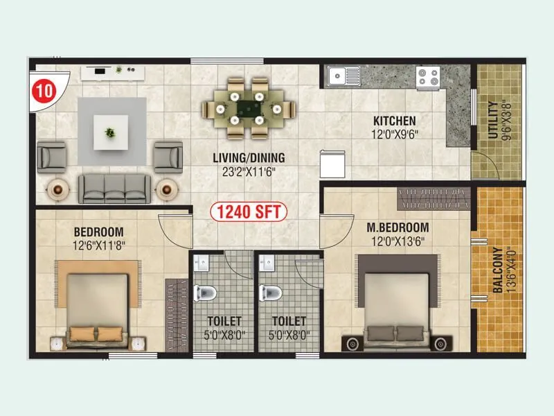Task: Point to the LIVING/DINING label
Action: click(x=249, y=157)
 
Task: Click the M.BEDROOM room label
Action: click(x=398, y=227)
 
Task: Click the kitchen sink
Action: click(x=344, y=75)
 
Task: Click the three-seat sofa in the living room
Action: click(x=114, y=187)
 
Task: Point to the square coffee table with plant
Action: click(x=111, y=132)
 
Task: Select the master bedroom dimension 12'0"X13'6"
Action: click(x=398, y=241)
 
